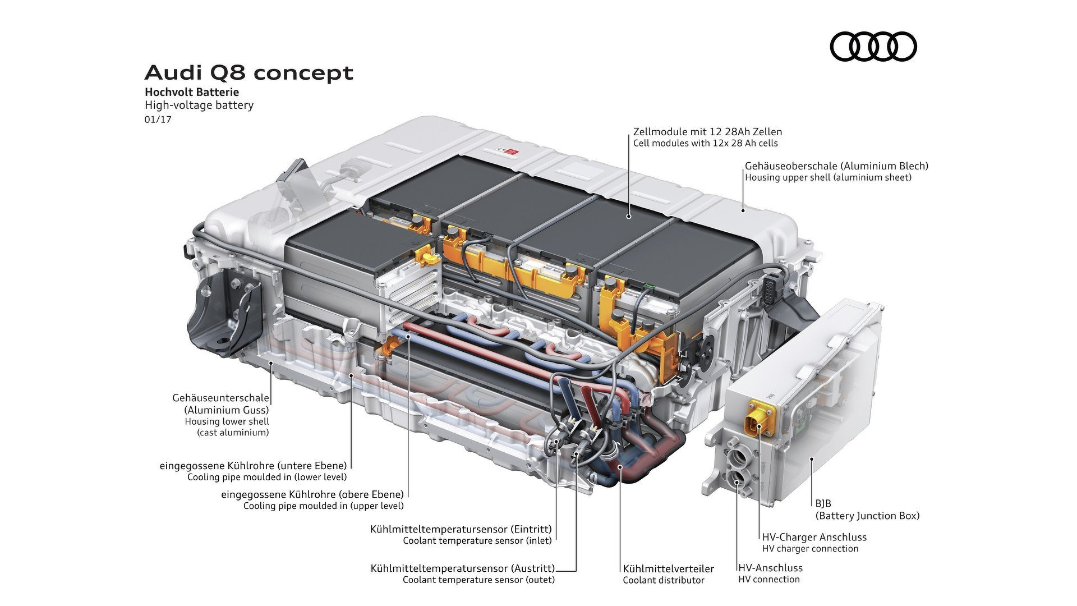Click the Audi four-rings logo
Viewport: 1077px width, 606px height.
873,46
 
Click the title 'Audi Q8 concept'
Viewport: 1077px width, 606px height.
249,73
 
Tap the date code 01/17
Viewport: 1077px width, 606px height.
158,120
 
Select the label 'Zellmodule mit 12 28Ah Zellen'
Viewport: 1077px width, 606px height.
707,132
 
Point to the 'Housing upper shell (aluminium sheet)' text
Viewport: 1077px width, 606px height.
828,177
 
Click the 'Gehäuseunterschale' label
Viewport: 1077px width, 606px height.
220,398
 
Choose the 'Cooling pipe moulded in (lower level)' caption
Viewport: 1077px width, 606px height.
267,477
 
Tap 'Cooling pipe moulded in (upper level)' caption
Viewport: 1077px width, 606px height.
323,506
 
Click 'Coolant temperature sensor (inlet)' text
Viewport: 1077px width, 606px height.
477,540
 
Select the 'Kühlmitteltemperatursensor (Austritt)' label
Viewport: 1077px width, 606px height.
462,568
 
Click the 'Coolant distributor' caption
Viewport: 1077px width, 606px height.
663,580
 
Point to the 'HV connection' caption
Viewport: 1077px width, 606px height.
768,579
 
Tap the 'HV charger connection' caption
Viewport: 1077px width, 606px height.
810,548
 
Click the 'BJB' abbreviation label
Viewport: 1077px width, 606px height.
823,503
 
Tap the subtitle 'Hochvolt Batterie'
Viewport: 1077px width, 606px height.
192,92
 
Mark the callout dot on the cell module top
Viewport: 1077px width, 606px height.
629,215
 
